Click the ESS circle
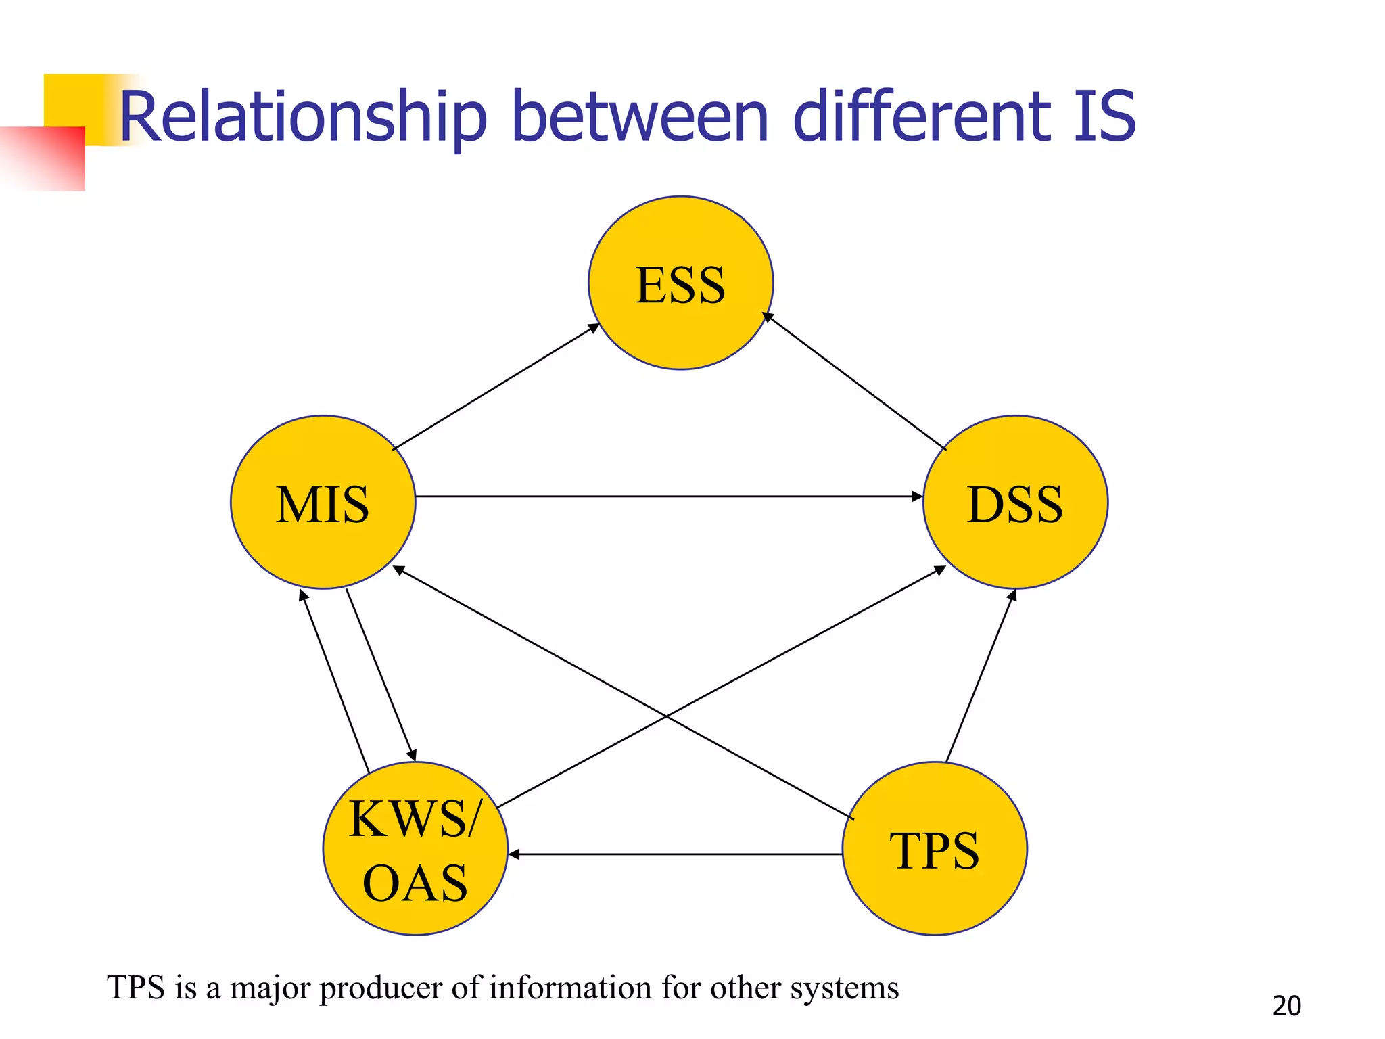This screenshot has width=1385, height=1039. tap(680, 283)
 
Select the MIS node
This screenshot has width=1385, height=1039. tap(323, 503)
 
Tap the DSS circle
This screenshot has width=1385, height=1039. tap(1015, 503)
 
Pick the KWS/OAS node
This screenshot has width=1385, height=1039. tap(415, 849)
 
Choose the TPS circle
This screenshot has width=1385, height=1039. tap(935, 849)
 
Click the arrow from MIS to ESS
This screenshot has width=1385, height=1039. tap(496, 387)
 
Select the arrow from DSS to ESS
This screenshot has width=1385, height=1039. tap(855, 381)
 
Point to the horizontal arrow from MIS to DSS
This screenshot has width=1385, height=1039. tap(670, 497)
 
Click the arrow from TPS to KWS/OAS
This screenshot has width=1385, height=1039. tap(676, 855)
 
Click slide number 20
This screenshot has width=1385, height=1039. tap(1286, 1006)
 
